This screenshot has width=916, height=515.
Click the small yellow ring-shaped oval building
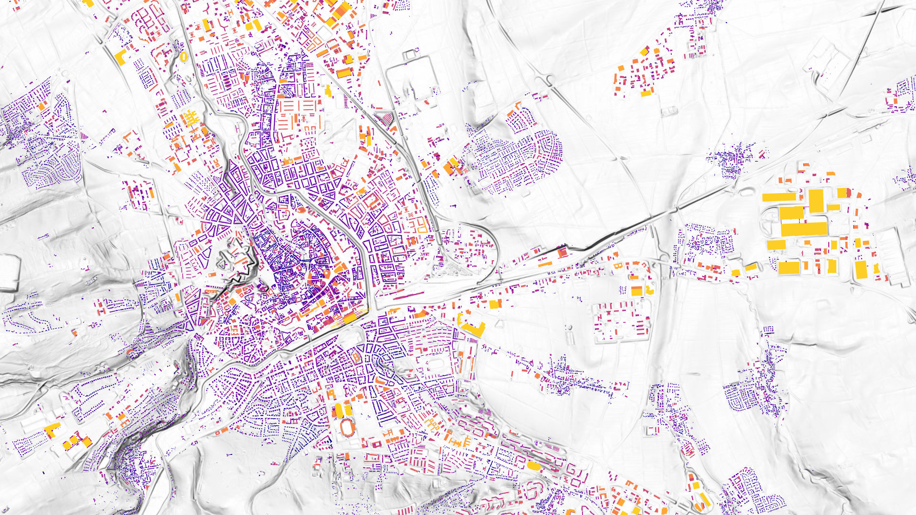point(184,57)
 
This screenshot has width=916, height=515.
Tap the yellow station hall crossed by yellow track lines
point(350,318)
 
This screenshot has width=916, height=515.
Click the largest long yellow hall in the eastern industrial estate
point(804,229)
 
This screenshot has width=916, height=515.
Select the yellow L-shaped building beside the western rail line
point(120,57)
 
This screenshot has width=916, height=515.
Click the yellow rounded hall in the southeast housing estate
point(533,465)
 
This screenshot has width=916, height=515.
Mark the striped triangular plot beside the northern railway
point(385,118)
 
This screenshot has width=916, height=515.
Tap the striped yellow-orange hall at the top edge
point(342,10)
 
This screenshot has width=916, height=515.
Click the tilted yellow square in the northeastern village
point(644,51)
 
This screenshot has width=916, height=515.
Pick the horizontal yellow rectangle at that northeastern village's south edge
point(646,93)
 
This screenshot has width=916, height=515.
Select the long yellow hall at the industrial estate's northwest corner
point(779,197)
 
